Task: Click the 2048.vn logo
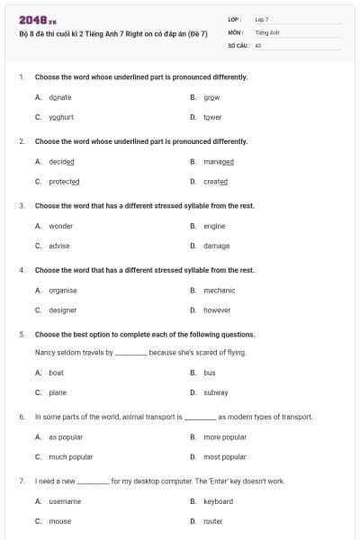[x=37, y=19]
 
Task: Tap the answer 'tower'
[x=212, y=117]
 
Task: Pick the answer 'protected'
[x=64, y=181]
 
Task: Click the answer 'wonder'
[x=60, y=226]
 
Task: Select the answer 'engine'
[x=214, y=226]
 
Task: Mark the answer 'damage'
[x=216, y=246]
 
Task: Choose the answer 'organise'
[x=62, y=290]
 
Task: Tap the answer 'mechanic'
[x=219, y=290]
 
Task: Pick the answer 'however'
[x=217, y=310]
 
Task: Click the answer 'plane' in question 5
[x=58, y=392]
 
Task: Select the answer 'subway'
[x=215, y=392]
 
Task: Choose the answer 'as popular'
[x=65, y=437]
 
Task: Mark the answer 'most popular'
[x=224, y=456]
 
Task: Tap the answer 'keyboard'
[x=218, y=501]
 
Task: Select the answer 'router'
[x=213, y=521]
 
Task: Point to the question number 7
[x=22, y=481]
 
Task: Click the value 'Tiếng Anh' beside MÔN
[x=267, y=31]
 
